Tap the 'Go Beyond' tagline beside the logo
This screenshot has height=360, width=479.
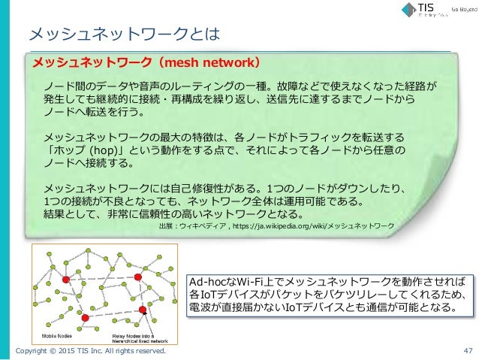462,10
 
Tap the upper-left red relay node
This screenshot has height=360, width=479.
66,279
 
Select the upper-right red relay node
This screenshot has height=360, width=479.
138,278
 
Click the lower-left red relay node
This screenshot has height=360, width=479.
84,319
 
